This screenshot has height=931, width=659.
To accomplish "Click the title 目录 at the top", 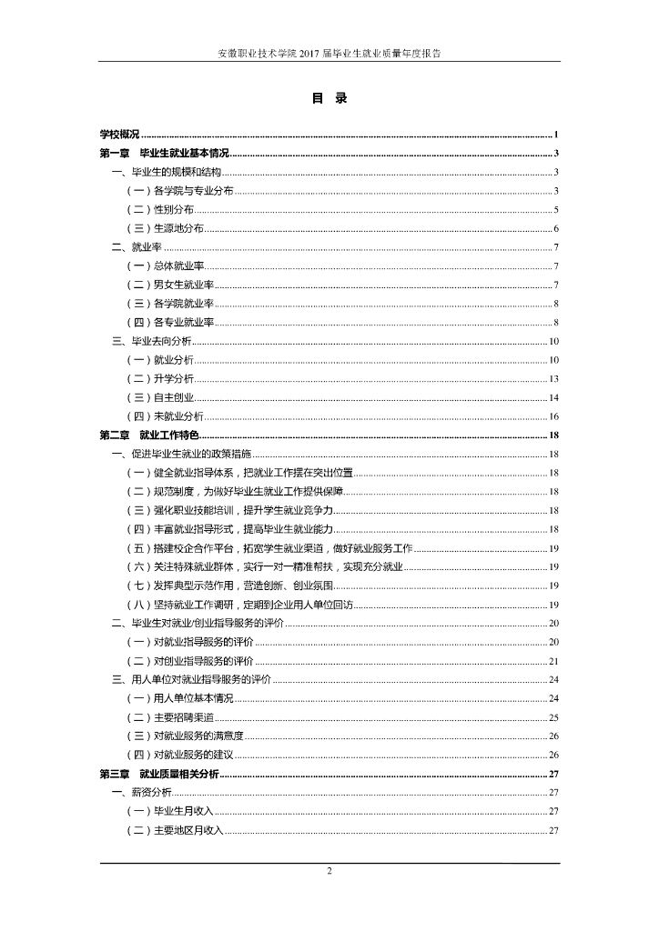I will [x=329, y=99].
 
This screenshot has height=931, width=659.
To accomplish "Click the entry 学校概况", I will [x=119, y=134].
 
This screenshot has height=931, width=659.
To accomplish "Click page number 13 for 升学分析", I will [x=553, y=379].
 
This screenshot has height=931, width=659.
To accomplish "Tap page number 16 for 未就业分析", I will [x=553, y=416].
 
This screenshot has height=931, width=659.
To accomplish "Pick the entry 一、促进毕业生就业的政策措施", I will [x=182, y=454].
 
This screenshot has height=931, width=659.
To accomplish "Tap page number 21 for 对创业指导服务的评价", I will [x=553, y=661].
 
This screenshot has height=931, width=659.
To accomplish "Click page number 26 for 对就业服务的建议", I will [x=553, y=755].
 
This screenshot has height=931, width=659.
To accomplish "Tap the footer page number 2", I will [x=329, y=872].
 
